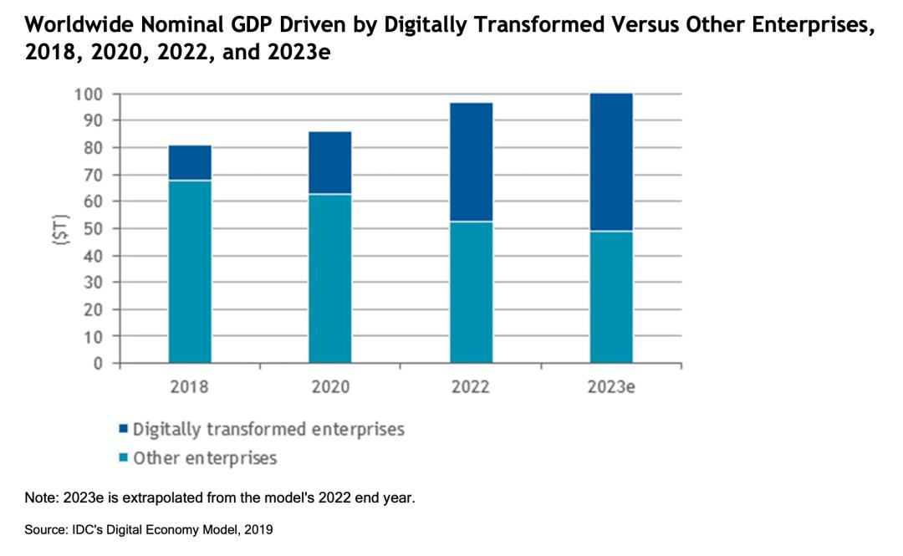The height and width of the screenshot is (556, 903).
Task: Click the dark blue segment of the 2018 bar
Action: click(x=190, y=162)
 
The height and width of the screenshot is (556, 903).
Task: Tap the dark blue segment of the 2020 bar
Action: click(x=330, y=162)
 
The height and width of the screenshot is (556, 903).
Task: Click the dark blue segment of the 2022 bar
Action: click(x=471, y=161)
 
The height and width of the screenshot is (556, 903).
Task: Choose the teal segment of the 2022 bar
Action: click(x=471, y=292)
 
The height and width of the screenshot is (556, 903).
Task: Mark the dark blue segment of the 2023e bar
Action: click(x=611, y=161)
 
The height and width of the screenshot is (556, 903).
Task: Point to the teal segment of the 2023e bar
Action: click(x=611, y=297)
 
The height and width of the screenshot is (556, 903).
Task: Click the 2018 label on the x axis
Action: click(x=190, y=388)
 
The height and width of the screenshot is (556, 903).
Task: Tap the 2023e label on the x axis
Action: click(x=611, y=388)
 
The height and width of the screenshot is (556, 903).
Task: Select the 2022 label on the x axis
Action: click(x=471, y=388)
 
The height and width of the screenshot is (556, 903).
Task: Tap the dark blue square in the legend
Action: click(x=124, y=430)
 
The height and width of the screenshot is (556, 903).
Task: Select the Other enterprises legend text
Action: click(x=205, y=457)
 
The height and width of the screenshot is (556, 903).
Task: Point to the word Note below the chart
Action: click(x=38, y=497)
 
